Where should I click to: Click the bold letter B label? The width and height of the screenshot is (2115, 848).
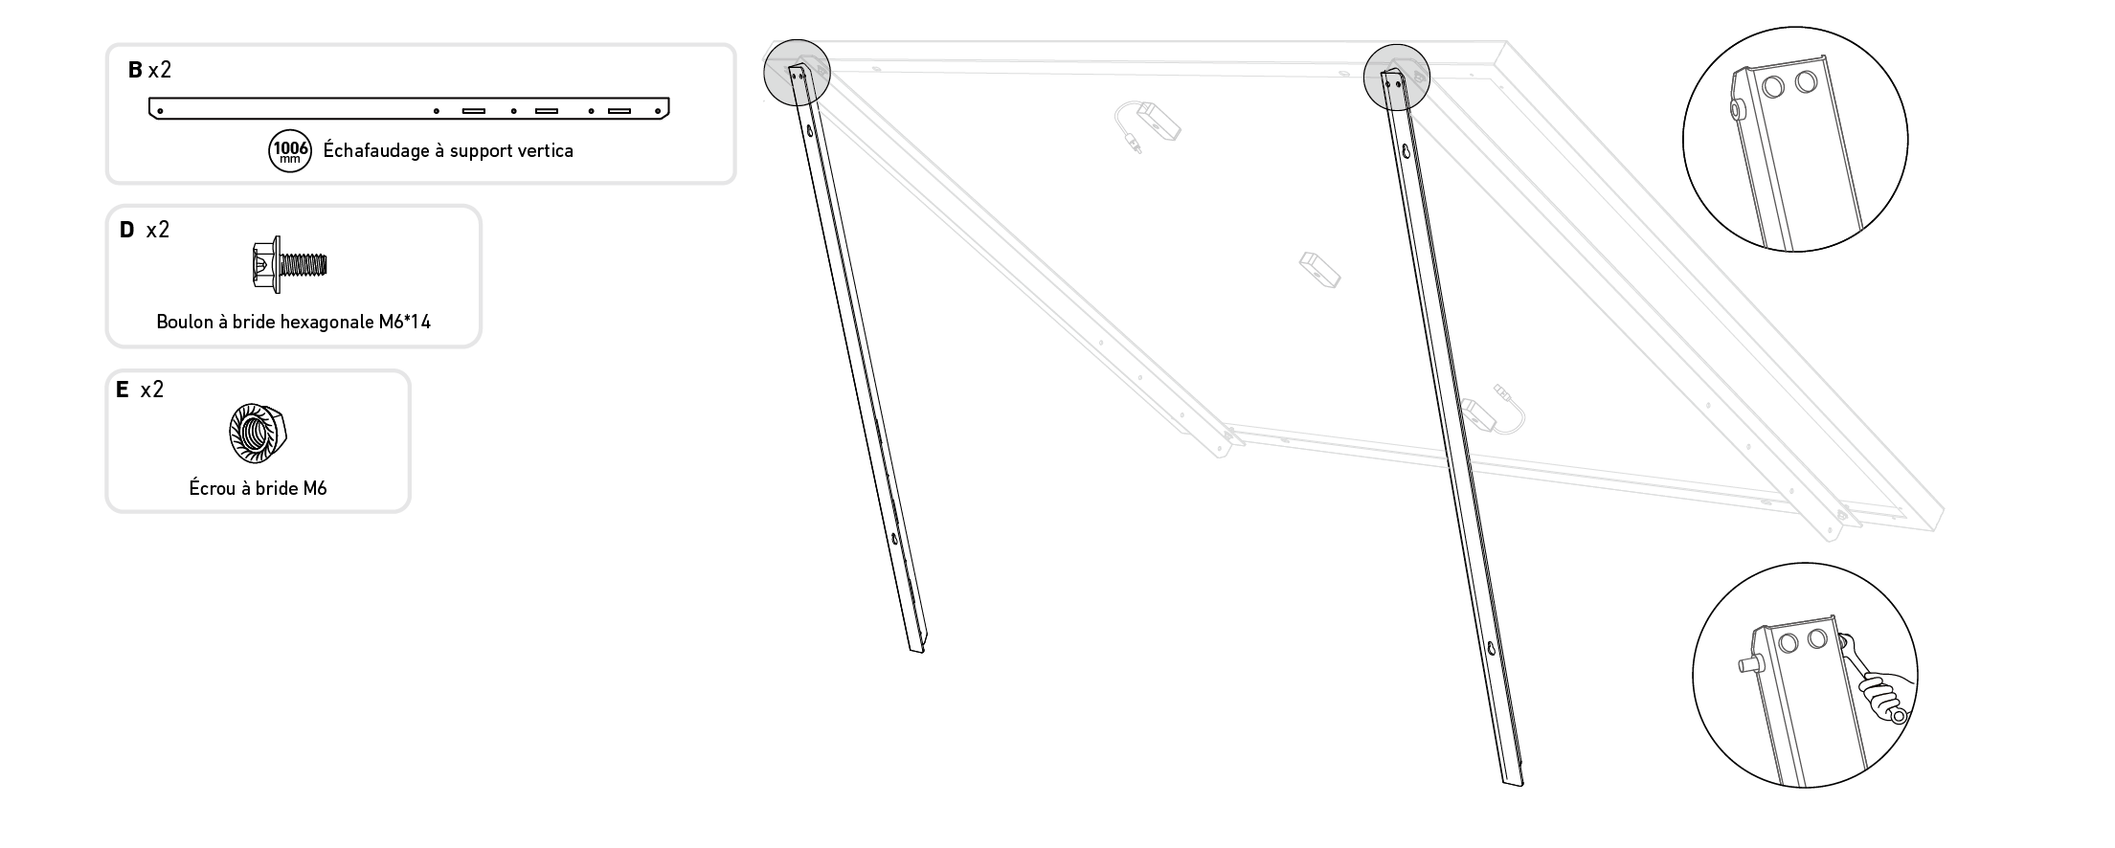pyautogui.click(x=135, y=70)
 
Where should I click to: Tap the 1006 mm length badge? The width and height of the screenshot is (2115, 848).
pyautogui.click(x=290, y=151)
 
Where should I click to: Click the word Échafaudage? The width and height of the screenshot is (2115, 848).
pyautogui.click(x=376, y=151)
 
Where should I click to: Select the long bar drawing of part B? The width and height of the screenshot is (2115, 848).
pyautogui.click(x=409, y=109)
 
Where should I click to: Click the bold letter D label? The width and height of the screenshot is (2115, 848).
pyautogui.click(x=127, y=230)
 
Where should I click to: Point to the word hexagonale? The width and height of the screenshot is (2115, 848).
pyautogui.click(x=325, y=323)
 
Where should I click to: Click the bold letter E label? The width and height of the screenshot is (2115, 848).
pyautogui.click(x=122, y=390)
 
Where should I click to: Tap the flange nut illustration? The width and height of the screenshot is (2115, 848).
pyautogui.click(x=259, y=433)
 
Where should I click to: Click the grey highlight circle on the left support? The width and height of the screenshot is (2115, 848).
pyautogui.click(x=797, y=71)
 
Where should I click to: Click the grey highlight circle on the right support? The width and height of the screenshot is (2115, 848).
pyautogui.click(x=1397, y=75)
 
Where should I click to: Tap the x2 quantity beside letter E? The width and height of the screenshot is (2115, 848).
pyautogui.click(x=151, y=390)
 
